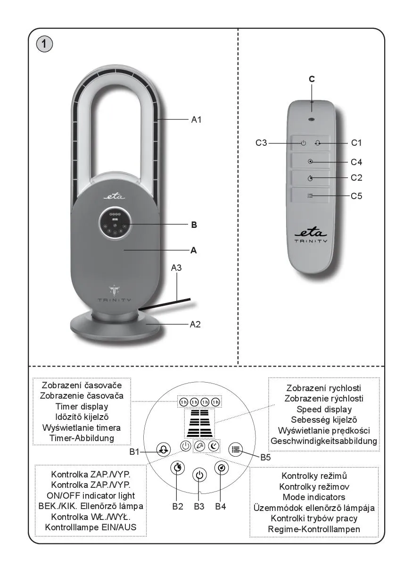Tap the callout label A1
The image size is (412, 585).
point(196,120)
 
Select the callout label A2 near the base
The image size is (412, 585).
point(196,325)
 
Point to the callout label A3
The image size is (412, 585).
point(176,268)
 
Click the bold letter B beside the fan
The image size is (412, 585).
point(194,225)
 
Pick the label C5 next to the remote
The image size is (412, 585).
point(357,196)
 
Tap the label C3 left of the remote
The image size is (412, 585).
point(262,142)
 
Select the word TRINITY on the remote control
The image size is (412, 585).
point(311,241)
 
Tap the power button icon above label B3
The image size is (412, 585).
point(199,475)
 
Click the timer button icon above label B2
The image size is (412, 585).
point(177,468)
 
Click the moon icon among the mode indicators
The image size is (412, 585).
point(214,446)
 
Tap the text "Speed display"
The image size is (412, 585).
point(324,409)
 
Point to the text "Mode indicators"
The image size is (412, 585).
point(314,497)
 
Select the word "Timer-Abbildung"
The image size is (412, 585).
point(82,438)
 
